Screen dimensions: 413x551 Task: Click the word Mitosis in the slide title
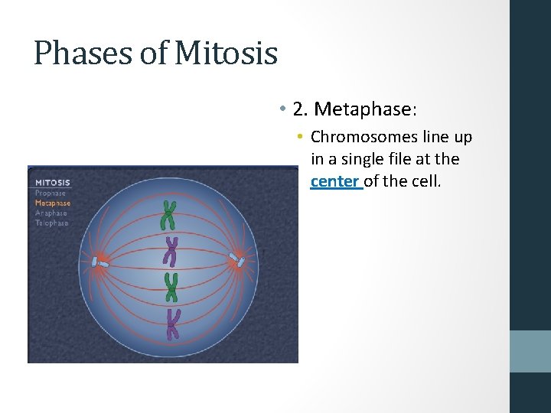click(226, 54)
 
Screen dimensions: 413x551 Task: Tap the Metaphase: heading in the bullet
click(365, 109)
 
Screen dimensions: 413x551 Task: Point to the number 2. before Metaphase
click(300, 109)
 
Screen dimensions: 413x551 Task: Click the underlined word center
click(335, 182)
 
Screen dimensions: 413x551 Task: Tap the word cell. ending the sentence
click(425, 182)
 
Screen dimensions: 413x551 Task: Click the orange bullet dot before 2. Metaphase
click(282, 109)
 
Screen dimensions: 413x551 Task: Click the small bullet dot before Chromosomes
click(302, 138)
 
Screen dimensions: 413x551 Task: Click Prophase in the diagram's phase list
click(51, 193)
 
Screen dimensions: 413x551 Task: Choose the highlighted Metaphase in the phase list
click(53, 203)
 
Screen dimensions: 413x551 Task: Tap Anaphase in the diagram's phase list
click(51, 213)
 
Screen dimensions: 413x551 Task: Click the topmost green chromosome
click(168, 215)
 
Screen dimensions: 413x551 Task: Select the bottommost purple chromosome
click(173, 324)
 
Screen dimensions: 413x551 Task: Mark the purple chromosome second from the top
click(172, 252)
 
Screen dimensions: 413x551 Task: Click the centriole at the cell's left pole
click(100, 263)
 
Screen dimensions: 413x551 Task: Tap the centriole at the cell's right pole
click(239, 262)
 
